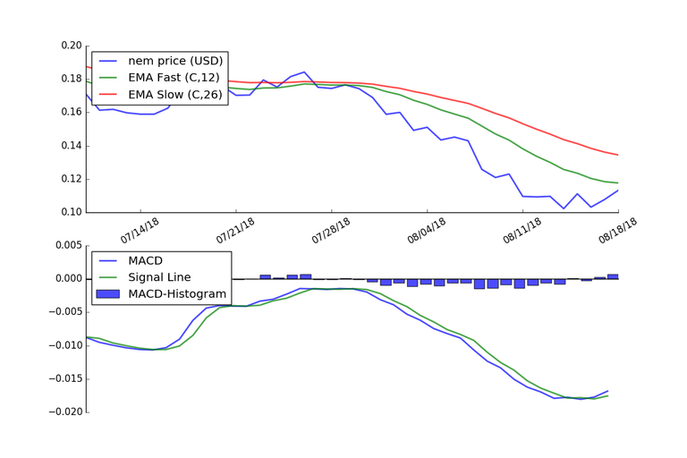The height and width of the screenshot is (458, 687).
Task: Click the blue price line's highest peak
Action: [305, 72]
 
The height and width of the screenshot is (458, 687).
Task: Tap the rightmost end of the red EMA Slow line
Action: [618, 155]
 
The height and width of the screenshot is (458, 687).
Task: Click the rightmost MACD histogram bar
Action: [613, 276]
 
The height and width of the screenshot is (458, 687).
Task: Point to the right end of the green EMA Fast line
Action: [618, 183]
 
